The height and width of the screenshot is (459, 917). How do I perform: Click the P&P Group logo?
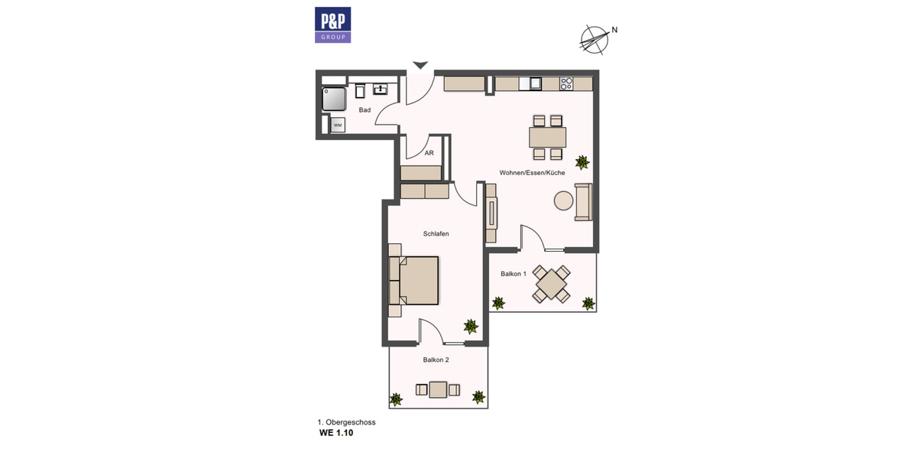(x=332, y=24)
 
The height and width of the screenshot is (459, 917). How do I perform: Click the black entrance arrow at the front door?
(x=420, y=66)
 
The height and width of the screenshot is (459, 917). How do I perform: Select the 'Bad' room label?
(x=365, y=110)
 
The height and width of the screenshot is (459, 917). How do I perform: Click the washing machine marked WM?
(x=337, y=124)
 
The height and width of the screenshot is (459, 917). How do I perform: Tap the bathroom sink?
(x=379, y=90)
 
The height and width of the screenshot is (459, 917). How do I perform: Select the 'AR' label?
(x=429, y=153)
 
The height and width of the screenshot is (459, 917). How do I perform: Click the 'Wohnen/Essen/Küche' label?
(x=532, y=173)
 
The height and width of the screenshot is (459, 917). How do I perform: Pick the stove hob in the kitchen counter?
(x=566, y=84)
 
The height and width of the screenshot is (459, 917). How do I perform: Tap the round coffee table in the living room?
(x=564, y=201)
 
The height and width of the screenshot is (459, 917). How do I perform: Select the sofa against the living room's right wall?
(x=584, y=203)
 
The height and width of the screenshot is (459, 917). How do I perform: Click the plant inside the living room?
(x=582, y=161)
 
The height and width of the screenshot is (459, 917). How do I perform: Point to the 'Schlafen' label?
(x=436, y=234)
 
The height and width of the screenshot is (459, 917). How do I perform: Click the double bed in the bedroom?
(x=416, y=280)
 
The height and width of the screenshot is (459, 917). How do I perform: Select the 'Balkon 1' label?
(x=514, y=274)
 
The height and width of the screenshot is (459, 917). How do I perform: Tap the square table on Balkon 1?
(x=551, y=285)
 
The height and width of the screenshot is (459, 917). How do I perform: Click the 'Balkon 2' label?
(x=436, y=359)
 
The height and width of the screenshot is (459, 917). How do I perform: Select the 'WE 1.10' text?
(x=336, y=432)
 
